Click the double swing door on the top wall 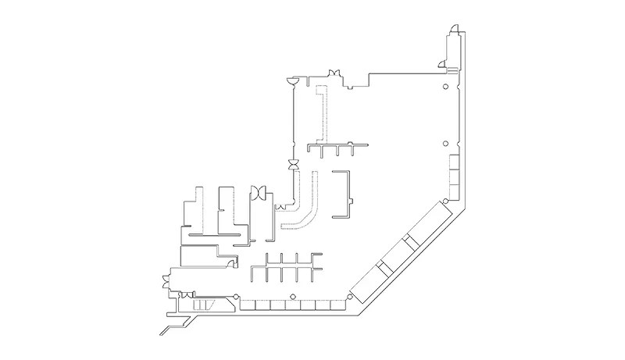pos(333,73)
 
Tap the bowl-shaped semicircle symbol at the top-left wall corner pos(292,80)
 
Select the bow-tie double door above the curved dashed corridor pos(293,165)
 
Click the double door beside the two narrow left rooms pos(259,191)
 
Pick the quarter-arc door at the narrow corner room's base pos(441,62)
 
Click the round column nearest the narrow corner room pos(445,87)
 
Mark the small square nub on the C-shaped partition pos(352,204)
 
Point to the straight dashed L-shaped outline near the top pos(321,109)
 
